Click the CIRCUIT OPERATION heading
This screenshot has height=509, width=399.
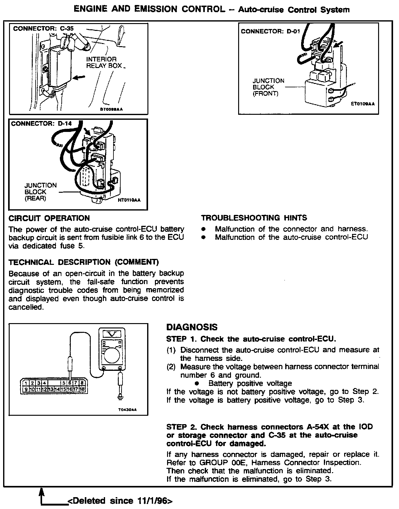pyautogui.click(x=49, y=218)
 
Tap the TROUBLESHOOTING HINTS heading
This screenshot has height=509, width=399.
pyautogui.click(x=254, y=218)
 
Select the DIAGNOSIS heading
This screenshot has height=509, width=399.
pyautogui.click(x=192, y=327)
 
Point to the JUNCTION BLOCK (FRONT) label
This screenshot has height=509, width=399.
pyautogui.click(x=268, y=87)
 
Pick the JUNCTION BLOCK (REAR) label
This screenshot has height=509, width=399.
pyautogui.click(x=41, y=192)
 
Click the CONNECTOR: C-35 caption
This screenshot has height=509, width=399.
pyautogui.click(x=43, y=29)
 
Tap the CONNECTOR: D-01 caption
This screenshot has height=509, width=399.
pyautogui.click(x=268, y=31)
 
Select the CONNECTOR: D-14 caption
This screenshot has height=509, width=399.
pyautogui.click(x=41, y=124)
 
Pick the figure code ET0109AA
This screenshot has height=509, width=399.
pyautogui.click(x=363, y=105)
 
